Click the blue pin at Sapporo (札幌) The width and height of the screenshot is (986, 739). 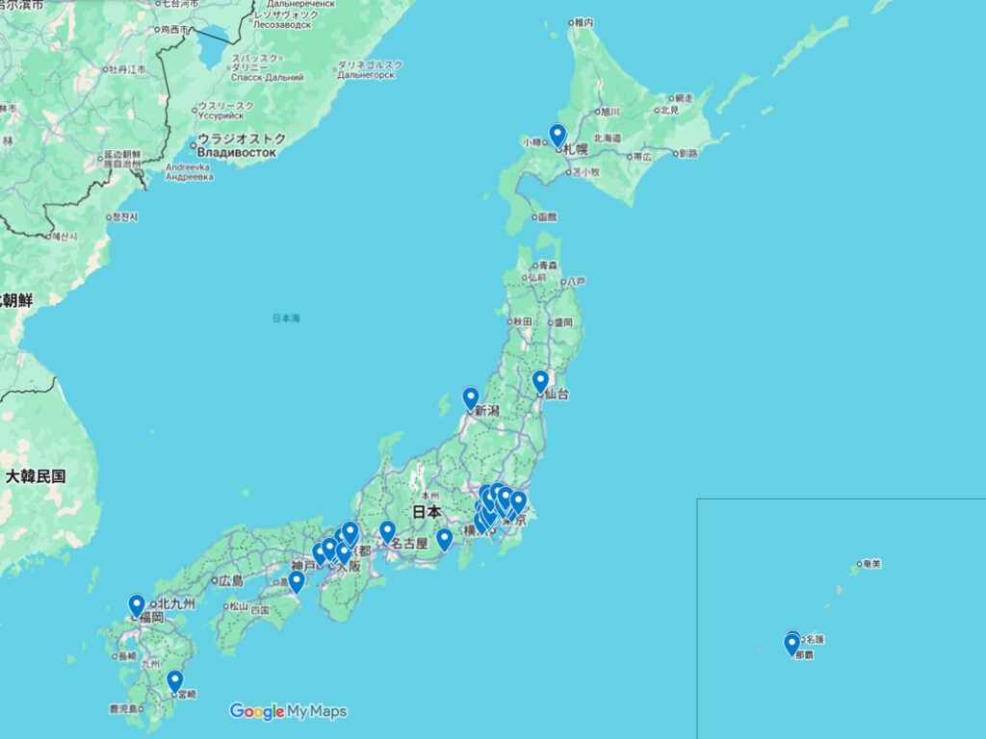(x=558, y=135)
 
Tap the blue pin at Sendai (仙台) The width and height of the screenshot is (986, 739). (x=540, y=382)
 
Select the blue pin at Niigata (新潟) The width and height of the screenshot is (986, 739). (x=471, y=397)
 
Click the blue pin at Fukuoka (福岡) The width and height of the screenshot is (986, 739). (x=137, y=604)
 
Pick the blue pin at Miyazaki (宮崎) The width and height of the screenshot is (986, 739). (x=175, y=680)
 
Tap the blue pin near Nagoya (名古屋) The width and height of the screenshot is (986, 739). (x=387, y=531)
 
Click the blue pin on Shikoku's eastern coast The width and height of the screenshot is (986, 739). (x=297, y=580)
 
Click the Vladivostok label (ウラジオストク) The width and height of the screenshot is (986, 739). (x=241, y=139)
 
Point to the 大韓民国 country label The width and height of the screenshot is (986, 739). (x=36, y=475)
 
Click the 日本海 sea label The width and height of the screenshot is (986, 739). (x=286, y=318)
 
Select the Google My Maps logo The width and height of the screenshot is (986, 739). (x=288, y=711)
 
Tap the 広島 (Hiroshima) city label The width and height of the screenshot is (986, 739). (x=231, y=581)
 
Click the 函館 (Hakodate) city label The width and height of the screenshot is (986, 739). (x=547, y=217)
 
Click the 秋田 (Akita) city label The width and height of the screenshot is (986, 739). (x=523, y=321)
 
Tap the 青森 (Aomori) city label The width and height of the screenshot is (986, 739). (x=548, y=265)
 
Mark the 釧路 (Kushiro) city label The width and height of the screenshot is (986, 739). (x=688, y=153)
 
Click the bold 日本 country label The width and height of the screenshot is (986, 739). (x=427, y=512)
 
